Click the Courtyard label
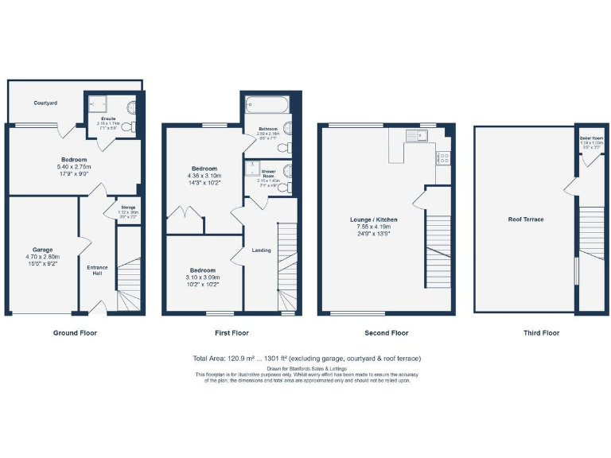45,103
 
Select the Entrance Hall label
96,270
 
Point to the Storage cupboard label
127,209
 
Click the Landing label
261,250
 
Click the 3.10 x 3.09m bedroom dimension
202,278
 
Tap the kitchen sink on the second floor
418,137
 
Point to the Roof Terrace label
526,219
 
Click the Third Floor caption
540,333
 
